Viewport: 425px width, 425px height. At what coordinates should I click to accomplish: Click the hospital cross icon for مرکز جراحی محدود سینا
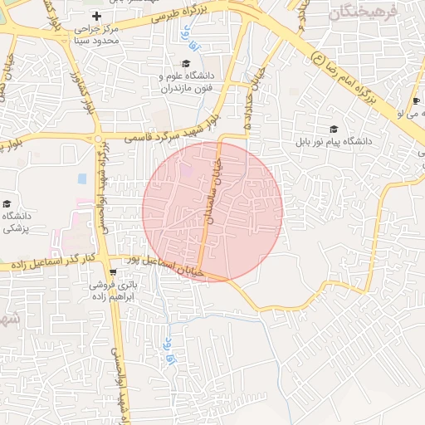coord(97,16)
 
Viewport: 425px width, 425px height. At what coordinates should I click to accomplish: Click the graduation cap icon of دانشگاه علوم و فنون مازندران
coord(187,64)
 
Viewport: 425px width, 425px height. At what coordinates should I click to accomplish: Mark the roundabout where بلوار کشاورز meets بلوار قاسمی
coord(99,138)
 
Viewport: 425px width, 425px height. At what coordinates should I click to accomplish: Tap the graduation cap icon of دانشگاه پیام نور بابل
coord(334,129)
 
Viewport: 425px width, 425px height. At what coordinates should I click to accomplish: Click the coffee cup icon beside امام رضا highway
coord(415,101)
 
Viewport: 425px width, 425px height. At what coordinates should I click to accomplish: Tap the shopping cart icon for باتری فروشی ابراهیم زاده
coord(113,270)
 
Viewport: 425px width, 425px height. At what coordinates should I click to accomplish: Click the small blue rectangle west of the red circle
coord(82,178)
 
